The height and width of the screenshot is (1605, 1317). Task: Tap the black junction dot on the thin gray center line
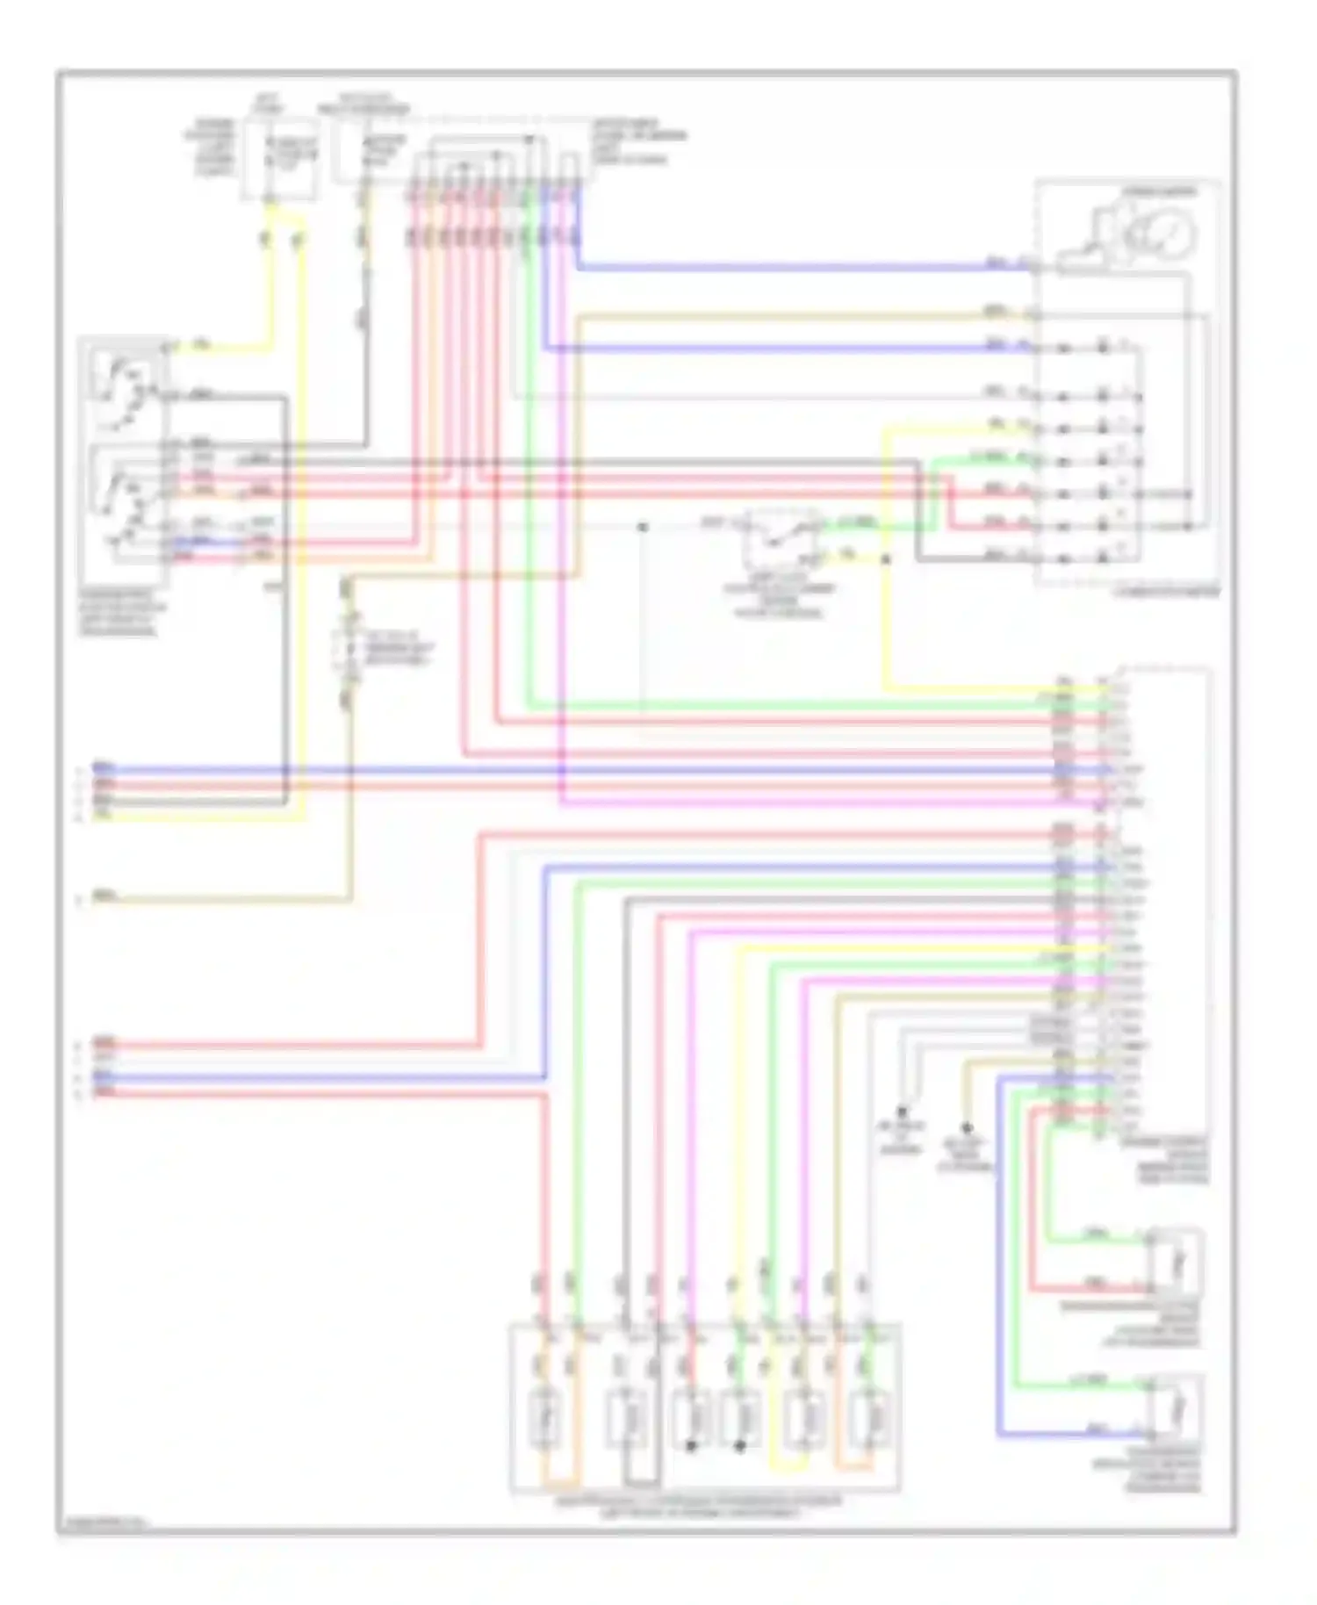point(643,527)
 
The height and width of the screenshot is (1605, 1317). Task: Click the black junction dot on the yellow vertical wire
point(886,558)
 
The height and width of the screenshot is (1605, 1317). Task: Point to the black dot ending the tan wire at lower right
point(967,1127)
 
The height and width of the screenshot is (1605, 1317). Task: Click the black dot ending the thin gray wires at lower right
point(902,1112)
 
